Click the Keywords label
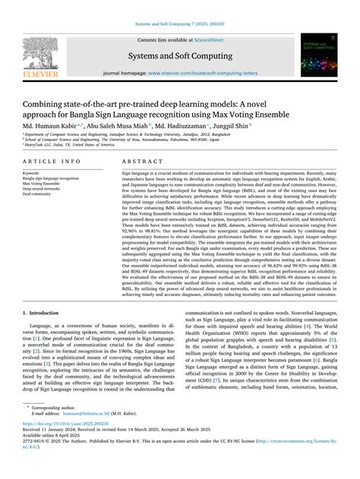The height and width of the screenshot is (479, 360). point(34,173)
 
